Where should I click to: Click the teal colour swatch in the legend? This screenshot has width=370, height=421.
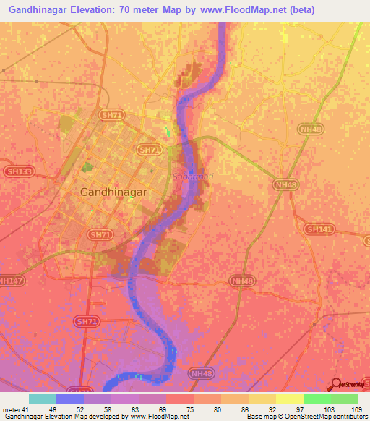tap(43, 399)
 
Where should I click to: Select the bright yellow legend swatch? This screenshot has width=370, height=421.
tap(289, 399)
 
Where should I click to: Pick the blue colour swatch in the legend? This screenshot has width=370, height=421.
tap(70, 399)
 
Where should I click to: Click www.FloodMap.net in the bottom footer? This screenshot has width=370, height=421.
tap(158, 417)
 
